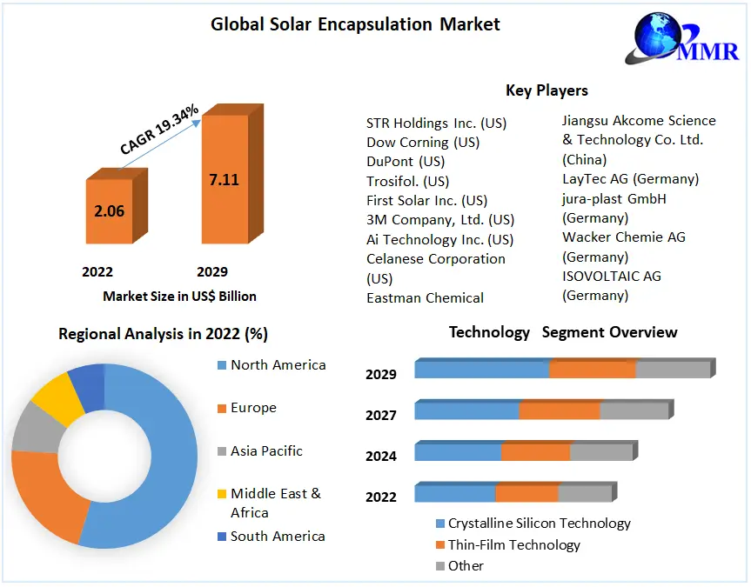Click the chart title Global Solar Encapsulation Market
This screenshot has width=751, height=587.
(x=355, y=24)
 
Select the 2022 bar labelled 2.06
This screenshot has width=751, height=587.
(x=109, y=211)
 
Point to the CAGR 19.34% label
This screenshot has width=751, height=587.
(x=159, y=130)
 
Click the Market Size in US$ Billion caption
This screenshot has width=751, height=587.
(x=179, y=296)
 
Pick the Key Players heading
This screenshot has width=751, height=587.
(x=546, y=90)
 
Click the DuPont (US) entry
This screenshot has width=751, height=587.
(x=406, y=162)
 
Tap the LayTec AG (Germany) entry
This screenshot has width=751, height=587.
(x=630, y=179)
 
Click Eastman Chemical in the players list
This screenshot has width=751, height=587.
(x=425, y=297)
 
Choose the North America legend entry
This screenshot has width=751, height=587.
(x=278, y=365)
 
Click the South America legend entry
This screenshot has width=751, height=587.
(x=277, y=537)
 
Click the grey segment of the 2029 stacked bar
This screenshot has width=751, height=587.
(x=673, y=370)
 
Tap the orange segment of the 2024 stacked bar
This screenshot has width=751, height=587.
(x=535, y=452)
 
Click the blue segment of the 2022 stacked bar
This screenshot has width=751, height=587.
(x=454, y=494)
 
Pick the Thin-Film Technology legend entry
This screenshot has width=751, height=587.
(x=513, y=545)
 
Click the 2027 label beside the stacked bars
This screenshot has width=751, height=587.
(x=381, y=416)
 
